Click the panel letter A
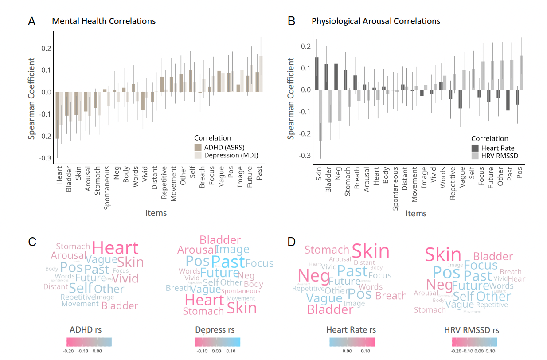(x=31, y=21)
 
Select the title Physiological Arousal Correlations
(x=375, y=21)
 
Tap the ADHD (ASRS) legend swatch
(x=198, y=147)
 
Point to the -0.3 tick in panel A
(x=45, y=158)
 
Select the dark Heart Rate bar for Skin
(x=317, y=73)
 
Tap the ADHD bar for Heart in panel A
(x=57, y=115)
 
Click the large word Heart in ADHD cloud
(x=115, y=248)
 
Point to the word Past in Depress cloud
(x=228, y=262)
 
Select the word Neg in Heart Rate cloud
(x=313, y=277)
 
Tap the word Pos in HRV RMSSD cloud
(x=446, y=272)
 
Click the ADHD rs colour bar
(x=89, y=341)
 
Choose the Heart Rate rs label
(x=351, y=330)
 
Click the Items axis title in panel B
(x=416, y=213)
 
